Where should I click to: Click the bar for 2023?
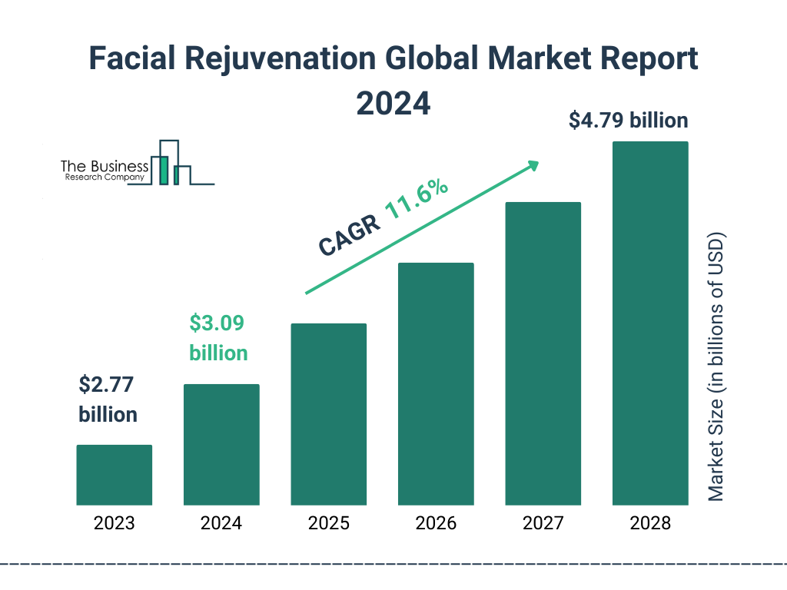(114, 475)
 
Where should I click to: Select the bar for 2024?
(221, 444)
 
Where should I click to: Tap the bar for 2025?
(328, 414)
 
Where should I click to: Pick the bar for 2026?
(436, 384)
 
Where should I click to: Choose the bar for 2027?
(543, 353)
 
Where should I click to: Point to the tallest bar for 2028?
(650, 323)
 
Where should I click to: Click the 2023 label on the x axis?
(114, 524)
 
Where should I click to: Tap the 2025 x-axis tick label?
(328, 524)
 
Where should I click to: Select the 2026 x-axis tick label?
(436, 524)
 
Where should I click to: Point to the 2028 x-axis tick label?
(650, 524)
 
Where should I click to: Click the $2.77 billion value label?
(108, 399)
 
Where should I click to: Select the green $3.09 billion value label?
(218, 338)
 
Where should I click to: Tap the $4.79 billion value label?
(628, 121)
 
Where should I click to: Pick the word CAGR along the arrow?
(348, 234)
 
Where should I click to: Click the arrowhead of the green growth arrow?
(532, 166)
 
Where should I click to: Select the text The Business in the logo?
(105, 166)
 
